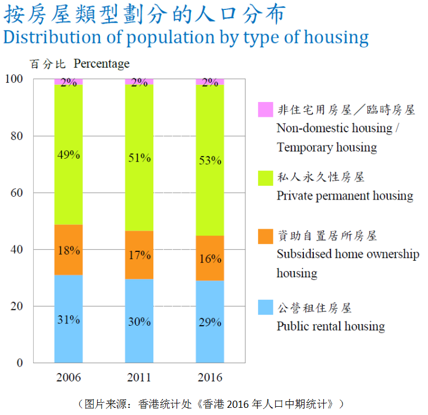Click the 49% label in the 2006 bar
point(68,155)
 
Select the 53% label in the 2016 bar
point(210,160)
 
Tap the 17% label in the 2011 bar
point(139,255)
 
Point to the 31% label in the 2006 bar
point(68,319)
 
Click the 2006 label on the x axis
point(68,378)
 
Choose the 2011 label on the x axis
point(139,378)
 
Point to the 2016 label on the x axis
point(210,378)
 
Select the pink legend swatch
point(265,110)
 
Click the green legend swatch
point(265,178)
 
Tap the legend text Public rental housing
point(330,326)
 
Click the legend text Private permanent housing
point(345,196)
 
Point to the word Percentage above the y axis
point(101,63)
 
